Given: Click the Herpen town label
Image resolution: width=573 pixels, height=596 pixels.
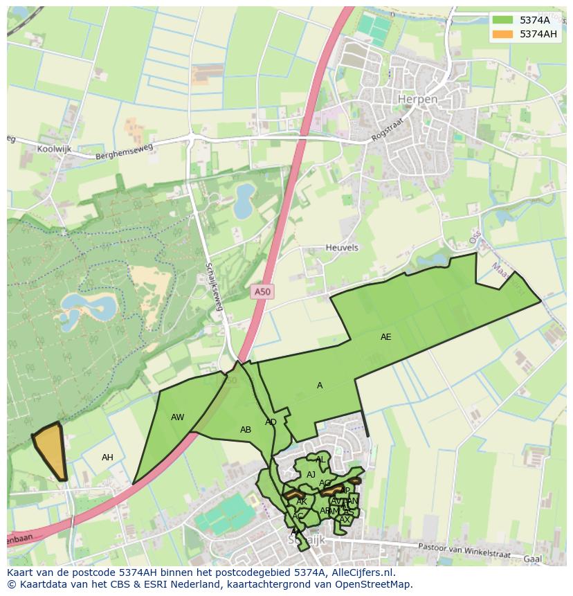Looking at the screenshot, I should click(417, 100).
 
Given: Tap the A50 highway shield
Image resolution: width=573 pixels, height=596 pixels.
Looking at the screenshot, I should click(262, 292).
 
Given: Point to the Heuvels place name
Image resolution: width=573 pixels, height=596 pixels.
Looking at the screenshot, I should click(342, 248).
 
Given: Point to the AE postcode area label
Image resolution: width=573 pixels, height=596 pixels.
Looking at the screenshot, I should click(385, 337).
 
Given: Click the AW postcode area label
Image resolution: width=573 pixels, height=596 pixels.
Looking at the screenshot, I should click(177, 417).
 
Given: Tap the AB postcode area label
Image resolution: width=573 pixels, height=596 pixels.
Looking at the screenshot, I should click(245, 430).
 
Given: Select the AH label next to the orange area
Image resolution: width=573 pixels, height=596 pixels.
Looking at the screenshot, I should click(107, 458).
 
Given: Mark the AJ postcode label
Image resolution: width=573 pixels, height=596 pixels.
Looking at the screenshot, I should click(311, 475).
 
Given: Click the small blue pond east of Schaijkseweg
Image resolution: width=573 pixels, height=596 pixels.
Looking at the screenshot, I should click(244, 201).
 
